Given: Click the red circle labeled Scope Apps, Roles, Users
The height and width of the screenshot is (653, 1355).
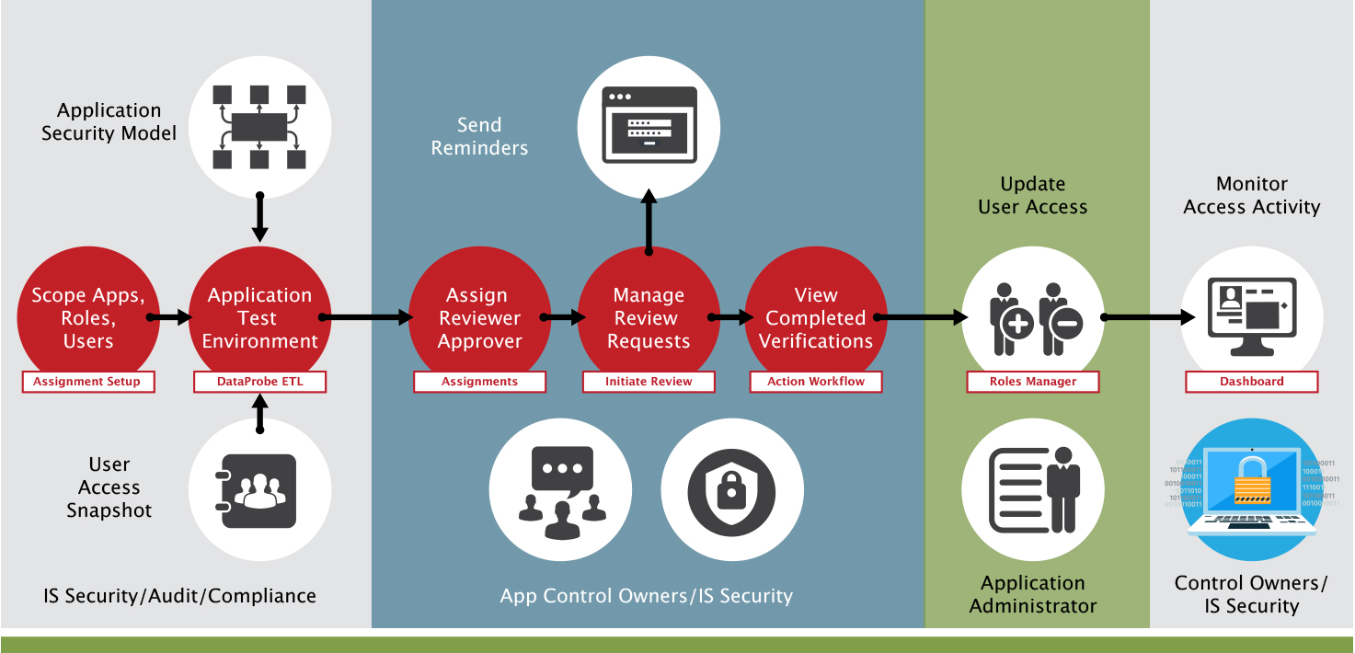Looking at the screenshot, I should (x=87, y=317).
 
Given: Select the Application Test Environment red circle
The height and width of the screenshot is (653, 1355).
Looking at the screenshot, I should (x=259, y=317).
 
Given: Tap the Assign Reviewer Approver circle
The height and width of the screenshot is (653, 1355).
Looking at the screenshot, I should (x=479, y=317).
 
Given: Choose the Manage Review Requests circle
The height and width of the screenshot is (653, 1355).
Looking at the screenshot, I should (x=649, y=317).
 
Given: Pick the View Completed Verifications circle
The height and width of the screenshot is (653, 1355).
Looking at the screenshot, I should (x=816, y=317).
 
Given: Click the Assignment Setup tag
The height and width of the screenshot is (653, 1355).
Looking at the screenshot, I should (x=87, y=382).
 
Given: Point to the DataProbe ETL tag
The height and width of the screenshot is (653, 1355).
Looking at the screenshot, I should (x=259, y=382).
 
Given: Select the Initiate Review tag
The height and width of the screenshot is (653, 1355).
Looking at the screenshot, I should (x=649, y=382).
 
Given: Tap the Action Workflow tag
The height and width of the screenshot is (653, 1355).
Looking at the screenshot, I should (x=816, y=382).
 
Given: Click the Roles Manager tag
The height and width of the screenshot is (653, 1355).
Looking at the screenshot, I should (x=1032, y=382).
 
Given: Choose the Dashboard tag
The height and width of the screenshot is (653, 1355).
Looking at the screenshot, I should (x=1251, y=382).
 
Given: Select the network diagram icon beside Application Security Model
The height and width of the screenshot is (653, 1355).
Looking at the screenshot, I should (x=259, y=127).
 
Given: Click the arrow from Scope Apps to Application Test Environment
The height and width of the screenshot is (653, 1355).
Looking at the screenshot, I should (x=170, y=317).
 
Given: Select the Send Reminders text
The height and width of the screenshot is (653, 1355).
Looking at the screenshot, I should (x=479, y=136).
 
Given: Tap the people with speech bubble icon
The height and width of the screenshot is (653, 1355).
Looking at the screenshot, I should (x=560, y=492).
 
